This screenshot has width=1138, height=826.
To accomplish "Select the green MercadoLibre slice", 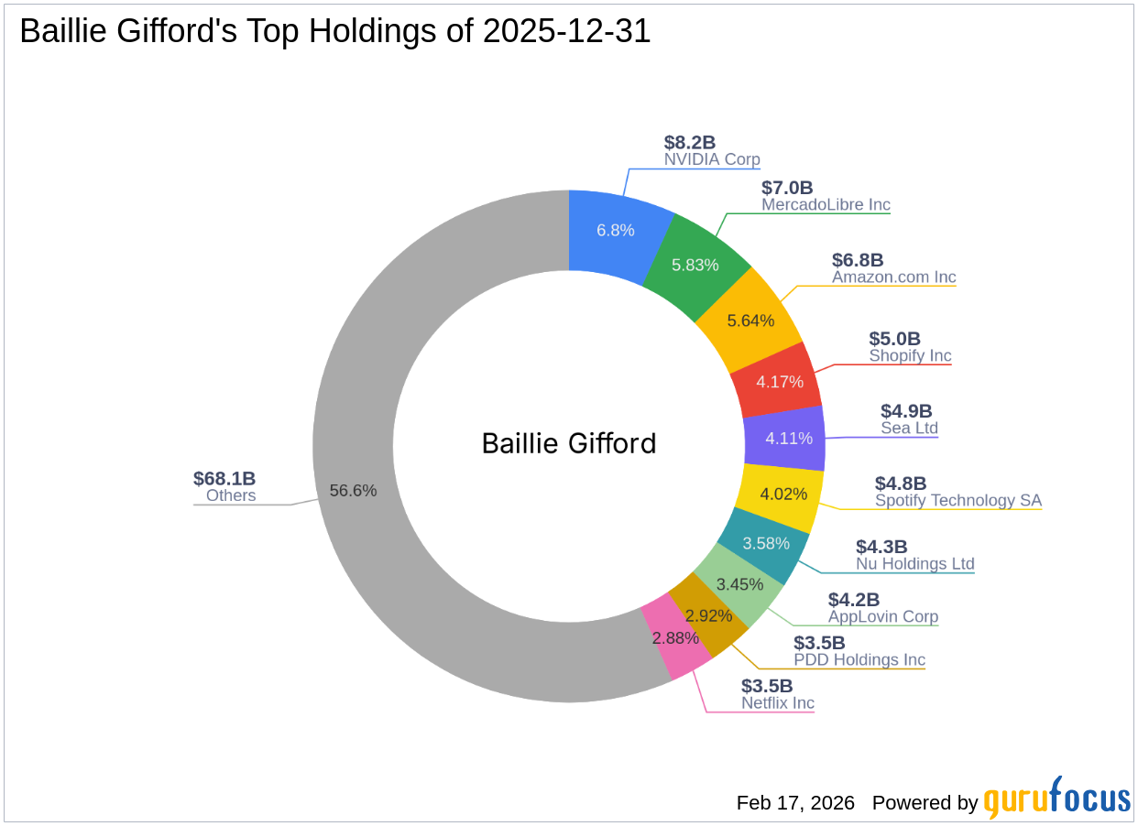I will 695,265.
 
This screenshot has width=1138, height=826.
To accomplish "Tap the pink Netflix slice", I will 675,637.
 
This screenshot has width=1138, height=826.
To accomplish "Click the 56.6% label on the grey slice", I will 353,490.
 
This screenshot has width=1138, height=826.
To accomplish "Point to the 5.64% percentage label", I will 750,321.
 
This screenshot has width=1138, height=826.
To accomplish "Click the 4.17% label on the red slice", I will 780,381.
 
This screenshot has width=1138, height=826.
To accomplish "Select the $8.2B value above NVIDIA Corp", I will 689,142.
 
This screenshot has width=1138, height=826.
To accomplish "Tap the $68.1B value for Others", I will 224,478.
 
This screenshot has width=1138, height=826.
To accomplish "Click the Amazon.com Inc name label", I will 893,277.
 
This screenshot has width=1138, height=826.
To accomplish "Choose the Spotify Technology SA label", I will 957,500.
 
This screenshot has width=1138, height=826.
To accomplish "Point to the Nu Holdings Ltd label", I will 914,563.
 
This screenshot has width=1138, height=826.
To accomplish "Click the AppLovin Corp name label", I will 882,616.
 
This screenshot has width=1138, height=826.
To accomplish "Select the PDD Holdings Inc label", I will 859,659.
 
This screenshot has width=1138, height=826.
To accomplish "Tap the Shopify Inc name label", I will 910,355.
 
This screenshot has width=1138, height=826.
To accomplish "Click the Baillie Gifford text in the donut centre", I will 569,443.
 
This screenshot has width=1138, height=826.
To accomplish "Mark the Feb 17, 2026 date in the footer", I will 795,803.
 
